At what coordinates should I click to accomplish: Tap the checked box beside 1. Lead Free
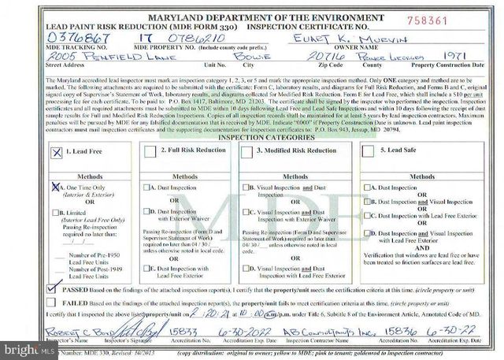(56, 154)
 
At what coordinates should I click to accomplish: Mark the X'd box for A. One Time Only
(56, 187)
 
